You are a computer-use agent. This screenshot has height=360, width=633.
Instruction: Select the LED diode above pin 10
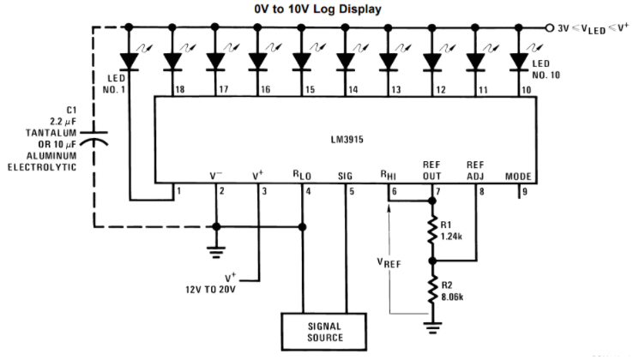tap(517, 61)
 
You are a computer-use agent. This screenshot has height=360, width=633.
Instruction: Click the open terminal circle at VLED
tap(550, 27)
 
